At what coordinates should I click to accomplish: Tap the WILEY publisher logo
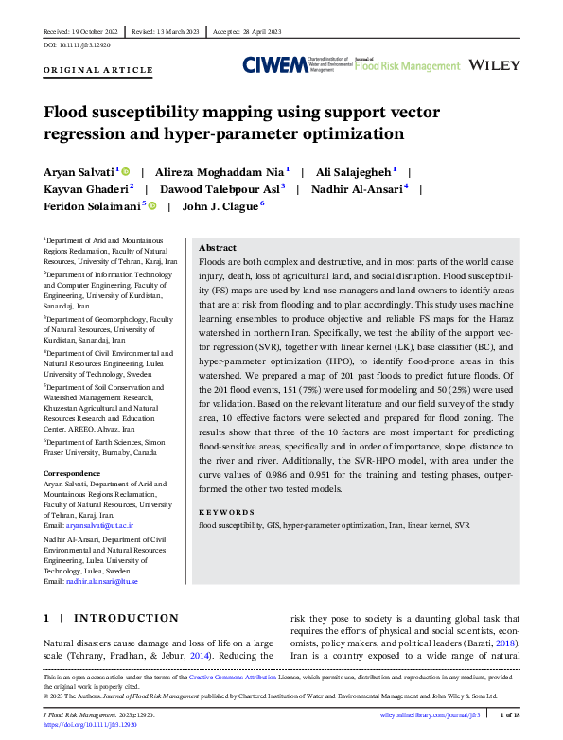click(495, 64)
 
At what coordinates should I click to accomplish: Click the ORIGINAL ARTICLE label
click(98, 70)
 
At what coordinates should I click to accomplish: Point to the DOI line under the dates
click(78, 44)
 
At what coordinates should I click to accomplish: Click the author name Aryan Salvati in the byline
click(79, 172)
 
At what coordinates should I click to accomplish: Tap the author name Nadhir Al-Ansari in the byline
click(359, 188)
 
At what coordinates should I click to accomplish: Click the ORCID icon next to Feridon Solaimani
click(152, 204)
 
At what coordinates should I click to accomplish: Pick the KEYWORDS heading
click(227, 512)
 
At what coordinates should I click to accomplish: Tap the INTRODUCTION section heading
click(125, 618)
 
